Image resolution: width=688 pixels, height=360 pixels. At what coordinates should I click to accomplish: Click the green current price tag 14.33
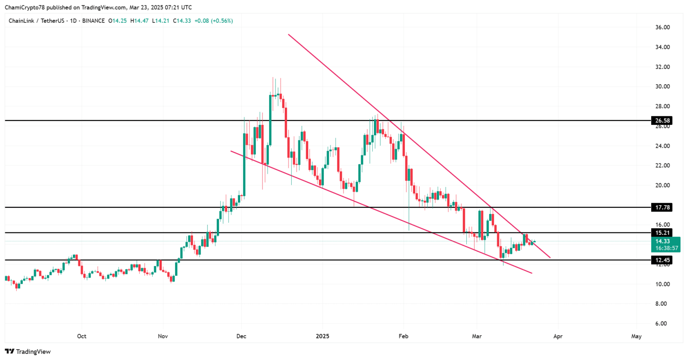[662, 241]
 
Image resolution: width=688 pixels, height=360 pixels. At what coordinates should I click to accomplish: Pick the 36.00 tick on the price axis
[662, 27]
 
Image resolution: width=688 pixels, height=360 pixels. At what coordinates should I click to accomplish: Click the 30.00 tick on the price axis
[662, 86]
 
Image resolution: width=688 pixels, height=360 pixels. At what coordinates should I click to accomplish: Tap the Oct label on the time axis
[82, 336]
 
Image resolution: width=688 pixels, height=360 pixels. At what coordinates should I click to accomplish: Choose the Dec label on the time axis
[242, 336]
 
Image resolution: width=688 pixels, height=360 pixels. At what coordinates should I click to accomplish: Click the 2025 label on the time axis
[322, 336]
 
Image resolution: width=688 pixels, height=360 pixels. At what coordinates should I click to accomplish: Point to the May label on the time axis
[636, 336]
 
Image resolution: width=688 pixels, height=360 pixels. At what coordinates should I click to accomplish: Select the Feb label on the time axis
[404, 336]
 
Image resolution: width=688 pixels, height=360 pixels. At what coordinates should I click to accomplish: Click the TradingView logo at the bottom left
[28, 351]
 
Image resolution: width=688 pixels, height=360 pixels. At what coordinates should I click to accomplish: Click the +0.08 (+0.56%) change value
[213, 21]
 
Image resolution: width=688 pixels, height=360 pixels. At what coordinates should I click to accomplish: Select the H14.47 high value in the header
[139, 21]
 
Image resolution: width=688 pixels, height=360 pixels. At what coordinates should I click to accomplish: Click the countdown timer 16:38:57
[666, 248]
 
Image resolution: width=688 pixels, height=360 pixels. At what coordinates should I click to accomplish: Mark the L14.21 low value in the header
[161, 21]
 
